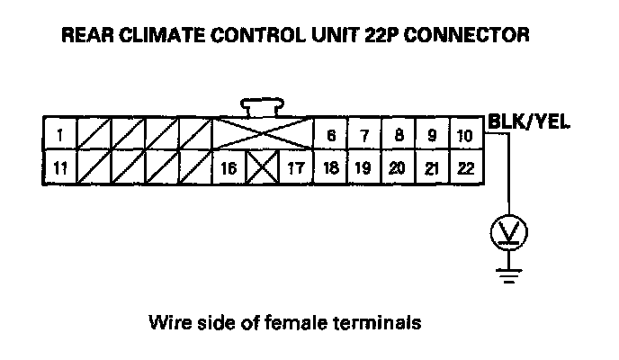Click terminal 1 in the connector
pos(59,135)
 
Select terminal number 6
pos(331,135)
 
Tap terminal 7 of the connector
pos(364,135)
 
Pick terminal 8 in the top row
pos(398,135)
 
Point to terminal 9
pos(431,135)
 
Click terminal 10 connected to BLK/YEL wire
pos(464,135)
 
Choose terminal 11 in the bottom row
pos(59,167)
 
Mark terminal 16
pos(230,167)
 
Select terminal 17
pos(295,167)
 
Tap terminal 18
pos(331,167)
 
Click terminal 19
pos(364,167)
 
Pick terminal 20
pos(398,167)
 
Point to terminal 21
pos(431,167)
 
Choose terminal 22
pos(464,167)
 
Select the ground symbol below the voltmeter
pos(509,273)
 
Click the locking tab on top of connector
pos(262,107)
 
